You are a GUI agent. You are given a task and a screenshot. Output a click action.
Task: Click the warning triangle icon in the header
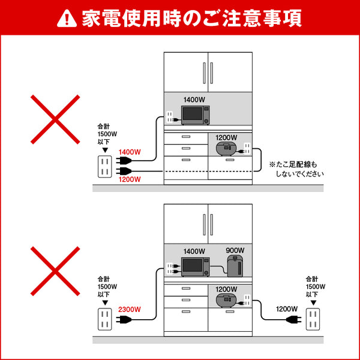pyautogui.click(x=63, y=19)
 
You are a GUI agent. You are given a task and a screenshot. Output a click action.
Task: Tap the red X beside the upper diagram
pyautogui.click(x=56, y=119)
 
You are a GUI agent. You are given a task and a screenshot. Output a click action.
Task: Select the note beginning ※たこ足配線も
pyautogui.click(x=296, y=169)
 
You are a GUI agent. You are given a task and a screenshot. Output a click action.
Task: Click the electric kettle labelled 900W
pyautogui.click(x=235, y=265)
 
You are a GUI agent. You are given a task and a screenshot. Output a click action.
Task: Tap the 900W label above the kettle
pyautogui.click(x=235, y=250)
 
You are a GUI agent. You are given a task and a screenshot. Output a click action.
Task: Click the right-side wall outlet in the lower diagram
pyautogui.click(x=313, y=319)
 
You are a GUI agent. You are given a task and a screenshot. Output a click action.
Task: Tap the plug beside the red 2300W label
pyautogui.click(x=125, y=320)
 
